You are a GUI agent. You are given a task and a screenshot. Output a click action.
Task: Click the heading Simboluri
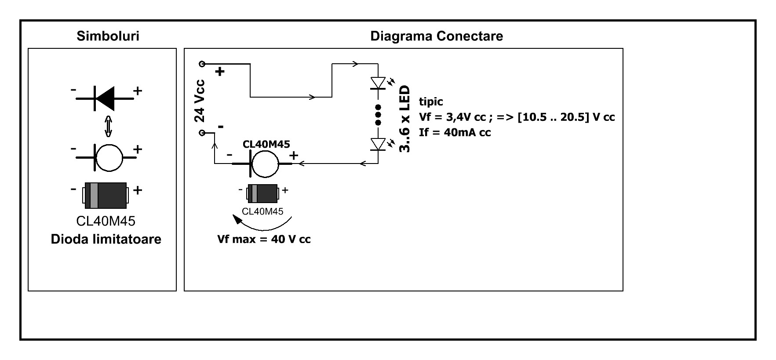[108, 36]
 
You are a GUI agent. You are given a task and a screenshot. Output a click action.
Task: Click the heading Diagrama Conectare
[437, 36]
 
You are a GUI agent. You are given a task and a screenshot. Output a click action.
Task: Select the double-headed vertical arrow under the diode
[108, 127]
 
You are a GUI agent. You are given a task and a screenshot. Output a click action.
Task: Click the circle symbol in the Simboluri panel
[109, 157]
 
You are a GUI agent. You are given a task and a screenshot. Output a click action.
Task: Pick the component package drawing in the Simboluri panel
[106, 195]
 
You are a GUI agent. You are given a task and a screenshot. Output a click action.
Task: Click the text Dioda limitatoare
[106, 239]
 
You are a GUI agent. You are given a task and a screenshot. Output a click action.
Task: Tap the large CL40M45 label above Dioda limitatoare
[106, 221]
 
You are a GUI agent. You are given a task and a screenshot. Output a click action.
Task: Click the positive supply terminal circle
[202, 64]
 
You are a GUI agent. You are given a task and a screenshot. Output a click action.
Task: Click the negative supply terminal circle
[202, 133]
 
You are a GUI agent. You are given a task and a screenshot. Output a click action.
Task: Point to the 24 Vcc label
[200, 101]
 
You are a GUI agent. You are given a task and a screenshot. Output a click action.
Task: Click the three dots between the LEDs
[378, 115]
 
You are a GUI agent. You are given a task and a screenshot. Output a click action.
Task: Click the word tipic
[431, 102]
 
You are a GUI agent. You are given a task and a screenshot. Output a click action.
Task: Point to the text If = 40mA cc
[455, 132]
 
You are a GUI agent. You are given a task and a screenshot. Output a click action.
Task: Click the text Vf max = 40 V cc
[264, 240]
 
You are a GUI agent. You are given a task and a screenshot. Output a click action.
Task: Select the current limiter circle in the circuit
[265, 164]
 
